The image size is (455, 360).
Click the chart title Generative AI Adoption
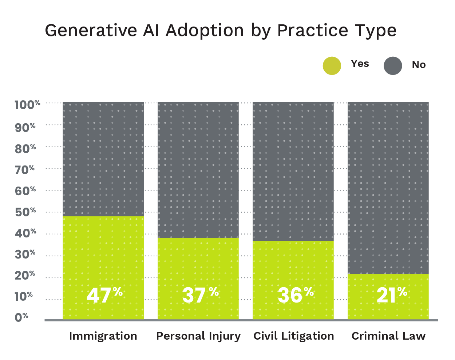click(220, 31)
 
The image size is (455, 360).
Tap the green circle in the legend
click(332, 66)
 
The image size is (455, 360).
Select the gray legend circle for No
click(393, 66)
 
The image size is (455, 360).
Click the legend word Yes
click(360, 64)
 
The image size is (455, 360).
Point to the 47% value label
click(104, 295)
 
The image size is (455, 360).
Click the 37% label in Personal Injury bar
click(200, 295)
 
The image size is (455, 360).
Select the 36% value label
click(295, 295)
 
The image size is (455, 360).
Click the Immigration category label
click(103, 336)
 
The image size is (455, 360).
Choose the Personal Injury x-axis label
click(198, 336)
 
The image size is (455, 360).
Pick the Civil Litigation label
click(293, 336)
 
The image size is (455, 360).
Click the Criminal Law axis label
click(388, 336)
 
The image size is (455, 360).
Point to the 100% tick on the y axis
click(27, 105)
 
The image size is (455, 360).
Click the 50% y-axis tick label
click(25, 212)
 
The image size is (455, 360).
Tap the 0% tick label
click(21, 317)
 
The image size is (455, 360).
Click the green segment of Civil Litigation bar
click(293, 265)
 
